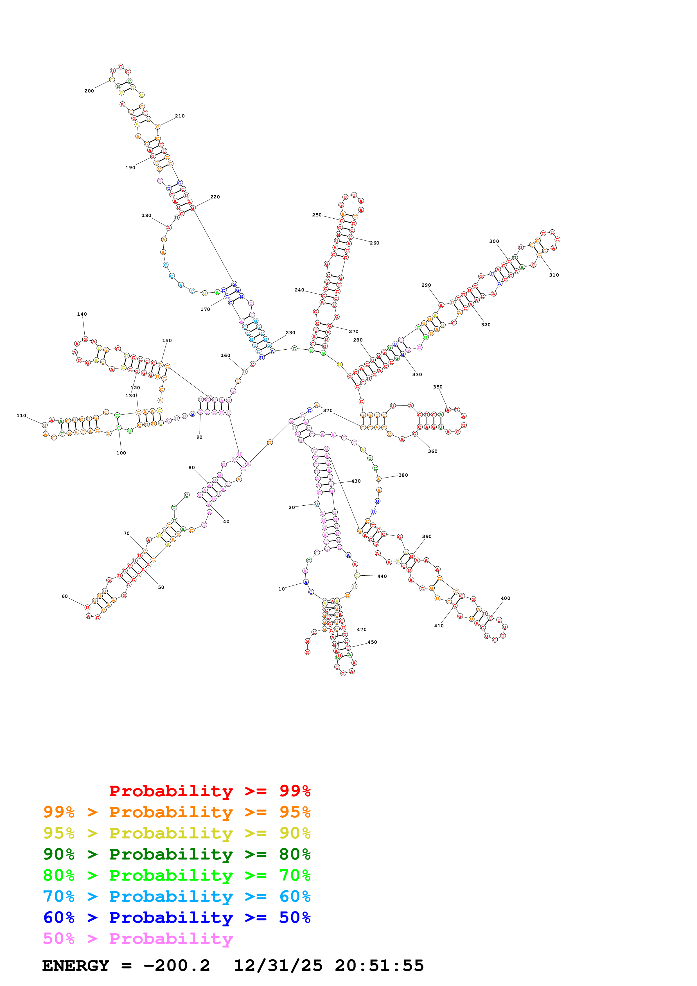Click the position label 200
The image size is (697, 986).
tap(89, 91)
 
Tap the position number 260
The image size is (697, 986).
tap(375, 243)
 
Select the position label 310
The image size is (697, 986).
tap(554, 275)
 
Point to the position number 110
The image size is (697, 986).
tap(21, 416)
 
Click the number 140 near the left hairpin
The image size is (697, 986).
tap(82, 314)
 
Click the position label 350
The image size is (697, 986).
tap(437, 387)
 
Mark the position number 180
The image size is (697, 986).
tap(146, 216)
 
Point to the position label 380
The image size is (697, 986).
tap(403, 475)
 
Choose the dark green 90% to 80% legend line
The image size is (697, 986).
tap(177, 854)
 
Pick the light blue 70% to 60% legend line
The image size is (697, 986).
tap(177, 896)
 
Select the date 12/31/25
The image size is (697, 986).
tap(278, 965)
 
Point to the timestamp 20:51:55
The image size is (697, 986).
tap(379, 965)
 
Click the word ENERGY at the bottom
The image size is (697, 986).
tap(76, 965)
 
